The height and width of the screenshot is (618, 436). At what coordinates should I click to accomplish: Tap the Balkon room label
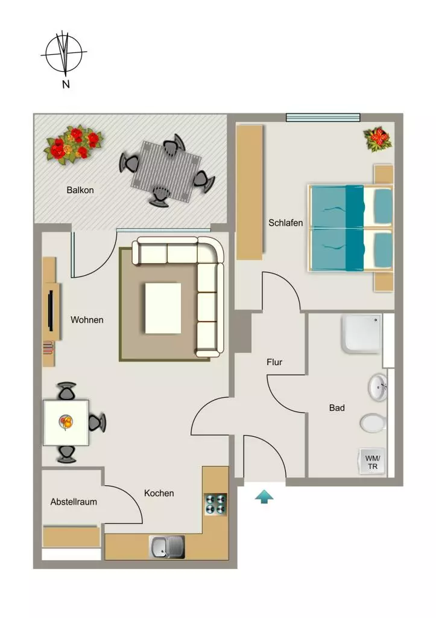click(80, 190)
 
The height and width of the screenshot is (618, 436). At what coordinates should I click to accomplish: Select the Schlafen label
click(286, 223)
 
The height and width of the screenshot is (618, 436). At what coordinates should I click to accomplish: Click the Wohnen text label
click(87, 320)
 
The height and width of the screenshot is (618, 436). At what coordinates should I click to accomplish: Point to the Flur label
click(274, 362)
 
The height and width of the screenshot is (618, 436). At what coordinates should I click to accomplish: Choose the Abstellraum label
click(74, 502)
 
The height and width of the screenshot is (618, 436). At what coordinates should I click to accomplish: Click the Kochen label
click(159, 493)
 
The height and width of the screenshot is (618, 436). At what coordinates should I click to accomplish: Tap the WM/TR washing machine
click(372, 462)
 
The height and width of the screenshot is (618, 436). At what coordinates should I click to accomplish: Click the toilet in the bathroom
click(373, 423)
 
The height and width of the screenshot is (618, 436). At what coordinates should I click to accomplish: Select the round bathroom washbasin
click(378, 387)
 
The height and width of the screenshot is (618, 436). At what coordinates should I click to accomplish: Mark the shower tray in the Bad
click(362, 333)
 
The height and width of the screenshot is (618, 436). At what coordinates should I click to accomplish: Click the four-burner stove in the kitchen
click(216, 505)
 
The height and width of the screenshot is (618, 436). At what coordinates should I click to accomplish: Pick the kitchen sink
click(167, 547)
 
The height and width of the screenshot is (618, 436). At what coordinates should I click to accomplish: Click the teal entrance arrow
click(264, 497)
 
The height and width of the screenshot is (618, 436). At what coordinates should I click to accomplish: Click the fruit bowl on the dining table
click(66, 422)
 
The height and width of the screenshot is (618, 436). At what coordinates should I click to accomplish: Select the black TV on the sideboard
click(51, 310)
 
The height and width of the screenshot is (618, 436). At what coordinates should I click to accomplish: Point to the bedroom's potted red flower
click(378, 139)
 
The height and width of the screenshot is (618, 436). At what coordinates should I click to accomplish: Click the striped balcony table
click(166, 171)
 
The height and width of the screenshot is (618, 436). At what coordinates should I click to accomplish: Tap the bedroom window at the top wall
click(323, 117)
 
